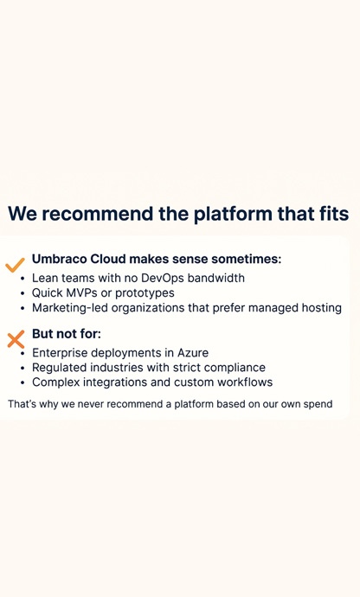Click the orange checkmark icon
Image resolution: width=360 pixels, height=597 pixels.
[x=15, y=265]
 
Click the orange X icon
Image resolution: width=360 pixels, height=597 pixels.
[x=16, y=339]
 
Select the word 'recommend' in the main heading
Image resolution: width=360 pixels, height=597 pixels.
[x=106, y=214]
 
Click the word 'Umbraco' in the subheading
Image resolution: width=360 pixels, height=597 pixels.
[x=59, y=259]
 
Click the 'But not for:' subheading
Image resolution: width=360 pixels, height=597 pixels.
[x=66, y=334]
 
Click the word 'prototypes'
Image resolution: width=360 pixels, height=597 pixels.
[x=145, y=292]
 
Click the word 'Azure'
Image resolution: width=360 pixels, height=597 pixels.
[x=191, y=353]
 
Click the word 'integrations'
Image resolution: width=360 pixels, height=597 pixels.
[x=121, y=382]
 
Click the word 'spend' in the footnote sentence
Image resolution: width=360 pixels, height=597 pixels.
[x=317, y=404]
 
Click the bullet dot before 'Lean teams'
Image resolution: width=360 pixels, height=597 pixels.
[x=22, y=279]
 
